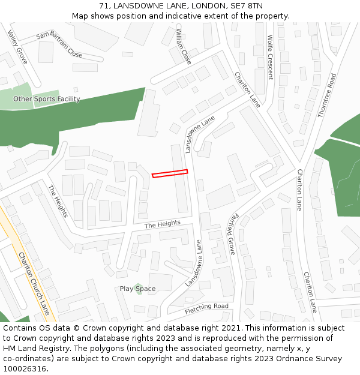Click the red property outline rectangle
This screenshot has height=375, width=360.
pyautogui.click(x=170, y=173)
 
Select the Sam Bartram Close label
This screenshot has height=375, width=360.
pyautogui.click(x=59, y=44)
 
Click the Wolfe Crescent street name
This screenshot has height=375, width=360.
pyautogui.click(x=270, y=57)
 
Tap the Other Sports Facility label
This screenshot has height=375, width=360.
pyautogui.click(x=47, y=99)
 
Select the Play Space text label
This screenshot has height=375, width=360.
pyautogui.click(x=137, y=289)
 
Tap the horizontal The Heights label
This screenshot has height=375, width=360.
pyautogui.click(x=162, y=224)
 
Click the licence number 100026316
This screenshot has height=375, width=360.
pyautogui.click(x=25, y=369)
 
